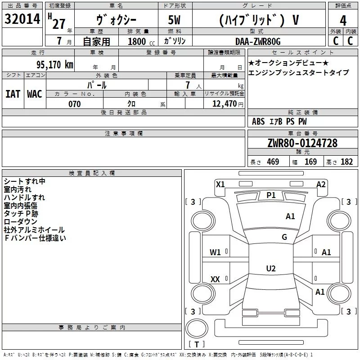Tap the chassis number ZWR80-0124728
coord(302,143)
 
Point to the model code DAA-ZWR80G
coord(258,41)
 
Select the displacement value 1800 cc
coord(139,42)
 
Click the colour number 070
coord(74,104)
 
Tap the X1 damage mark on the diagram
coord(220,184)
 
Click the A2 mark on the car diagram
coord(321,184)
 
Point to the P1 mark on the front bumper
coord(271,195)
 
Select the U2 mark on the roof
coord(271,268)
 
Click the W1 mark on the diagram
coord(215,252)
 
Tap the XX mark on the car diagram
coord(215,279)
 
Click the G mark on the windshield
coord(284,237)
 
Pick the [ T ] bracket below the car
coord(196,344)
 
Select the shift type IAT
coord(13,94)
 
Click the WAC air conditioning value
coord(34,94)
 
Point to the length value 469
coord(273,162)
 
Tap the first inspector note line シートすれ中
coord(24,181)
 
